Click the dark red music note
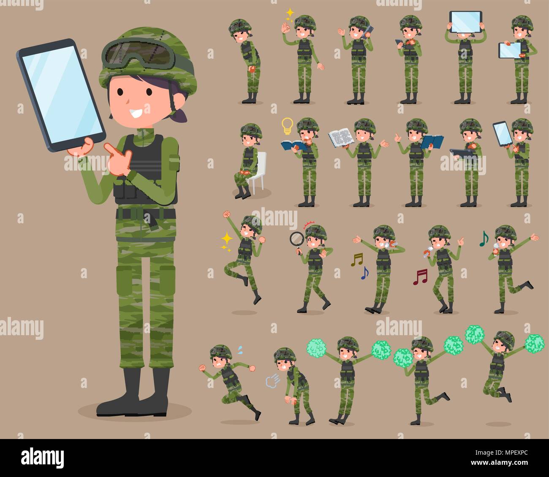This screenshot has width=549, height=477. tap(420, 277)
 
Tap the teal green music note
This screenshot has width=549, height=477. tap(484, 239)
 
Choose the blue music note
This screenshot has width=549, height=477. tap(364, 274)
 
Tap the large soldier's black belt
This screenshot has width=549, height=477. tap(146, 213)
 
